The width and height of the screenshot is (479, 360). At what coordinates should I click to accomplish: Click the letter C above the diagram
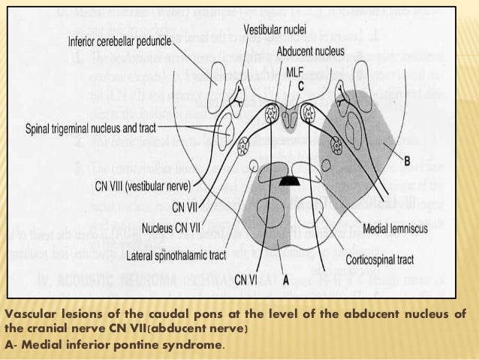click(x=300, y=86)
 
